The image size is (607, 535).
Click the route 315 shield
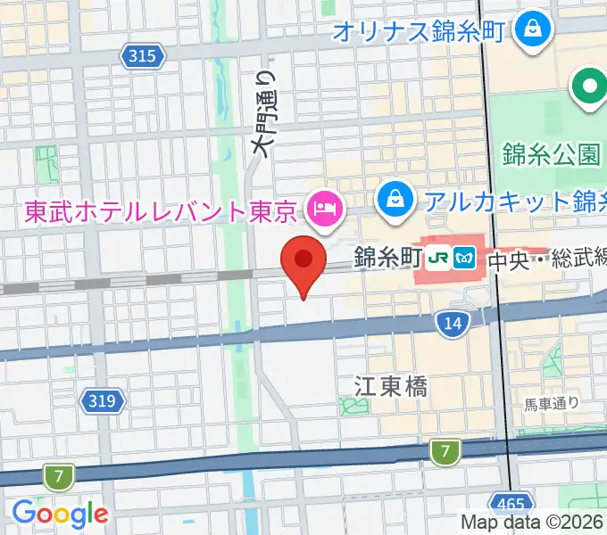[x=143, y=57]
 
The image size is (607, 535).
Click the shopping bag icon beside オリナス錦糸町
[x=533, y=31]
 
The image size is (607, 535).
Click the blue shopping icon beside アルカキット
[x=394, y=199]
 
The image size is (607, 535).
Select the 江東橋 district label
[x=390, y=386]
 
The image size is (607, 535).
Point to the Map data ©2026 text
[x=532, y=523]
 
